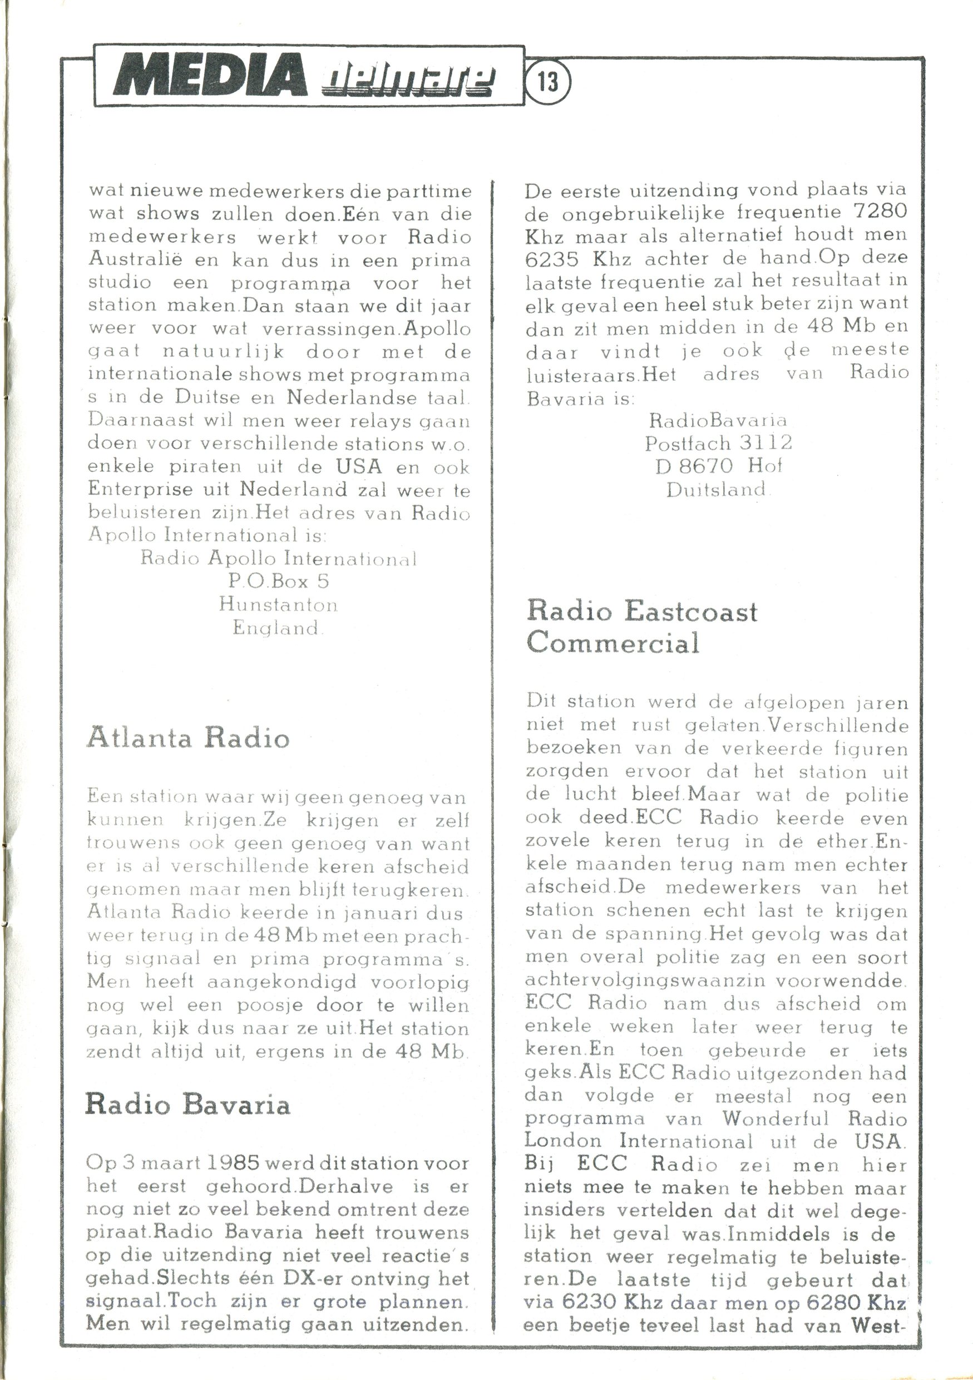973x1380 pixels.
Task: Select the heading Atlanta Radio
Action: [x=188, y=737]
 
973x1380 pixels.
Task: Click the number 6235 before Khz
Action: [x=552, y=259]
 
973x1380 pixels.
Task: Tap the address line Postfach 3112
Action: [x=718, y=443]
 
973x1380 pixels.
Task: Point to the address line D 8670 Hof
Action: [x=718, y=466]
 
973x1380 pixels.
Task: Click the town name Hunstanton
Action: [x=278, y=604]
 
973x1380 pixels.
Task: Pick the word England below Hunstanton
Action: [x=276, y=628]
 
